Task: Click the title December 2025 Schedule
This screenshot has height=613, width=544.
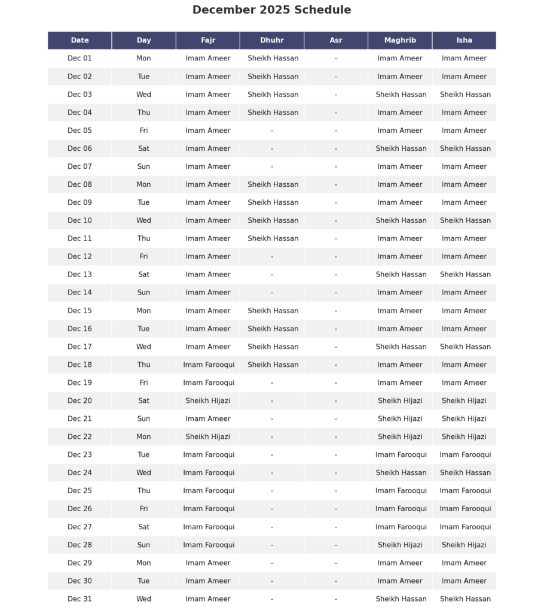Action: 271,10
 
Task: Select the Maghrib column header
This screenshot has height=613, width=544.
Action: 400,41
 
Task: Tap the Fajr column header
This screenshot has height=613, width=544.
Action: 208,41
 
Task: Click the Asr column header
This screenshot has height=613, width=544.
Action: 336,41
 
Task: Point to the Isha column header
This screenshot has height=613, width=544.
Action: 464,41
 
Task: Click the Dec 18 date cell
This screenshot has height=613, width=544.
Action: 80,365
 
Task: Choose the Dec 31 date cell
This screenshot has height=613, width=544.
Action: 80,599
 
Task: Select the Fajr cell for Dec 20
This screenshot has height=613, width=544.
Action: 208,400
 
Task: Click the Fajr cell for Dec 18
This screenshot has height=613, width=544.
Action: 209,365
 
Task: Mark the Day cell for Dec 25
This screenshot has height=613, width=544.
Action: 143,491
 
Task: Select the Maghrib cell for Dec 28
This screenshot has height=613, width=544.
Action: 400,545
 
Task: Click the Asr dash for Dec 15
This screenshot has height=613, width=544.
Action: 336,311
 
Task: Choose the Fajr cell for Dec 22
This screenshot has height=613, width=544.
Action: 208,436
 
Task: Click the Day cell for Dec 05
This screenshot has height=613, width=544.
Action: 143,131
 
